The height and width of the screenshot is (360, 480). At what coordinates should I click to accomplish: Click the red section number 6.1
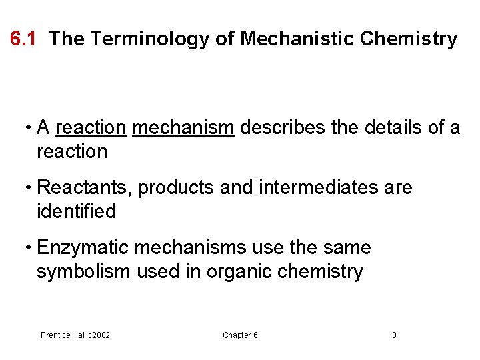[x=23, y=39]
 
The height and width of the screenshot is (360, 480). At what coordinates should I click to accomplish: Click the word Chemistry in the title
[x=408, y=39]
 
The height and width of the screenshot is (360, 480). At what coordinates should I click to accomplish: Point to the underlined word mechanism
[x=183, y=127]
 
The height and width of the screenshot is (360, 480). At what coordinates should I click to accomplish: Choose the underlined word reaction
[x=91, y=127]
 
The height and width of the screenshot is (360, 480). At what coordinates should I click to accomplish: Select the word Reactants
[x=85, y=188]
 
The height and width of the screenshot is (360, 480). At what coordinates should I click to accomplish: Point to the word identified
[x=76, y=212]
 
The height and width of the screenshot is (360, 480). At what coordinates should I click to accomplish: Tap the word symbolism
[x=84, y=272]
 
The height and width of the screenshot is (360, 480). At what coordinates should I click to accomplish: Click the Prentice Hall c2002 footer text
[x=75, y=335]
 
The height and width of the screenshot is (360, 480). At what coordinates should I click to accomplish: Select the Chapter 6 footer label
[x=240, y=335]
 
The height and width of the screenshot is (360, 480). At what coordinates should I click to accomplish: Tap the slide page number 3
[x=394, y=335]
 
